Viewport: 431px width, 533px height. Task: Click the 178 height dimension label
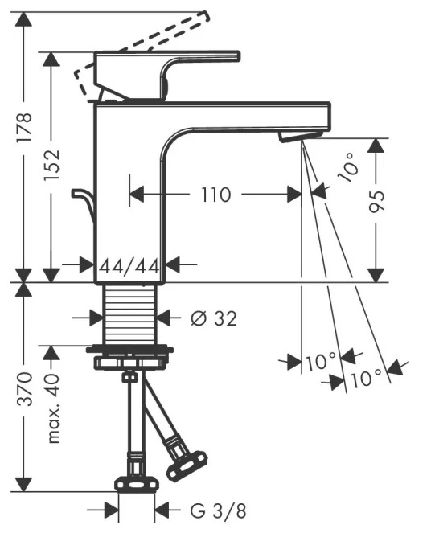click(x=24, y=128)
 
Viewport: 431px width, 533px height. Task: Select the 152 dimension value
click(x=51, y=165)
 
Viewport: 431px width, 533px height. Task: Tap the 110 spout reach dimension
click(x=216, y=195)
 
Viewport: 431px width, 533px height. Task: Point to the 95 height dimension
click(x=376, y=201)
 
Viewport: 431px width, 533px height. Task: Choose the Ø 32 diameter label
click(x=213, y=318)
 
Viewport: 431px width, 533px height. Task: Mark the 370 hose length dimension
click(x=25, y=389)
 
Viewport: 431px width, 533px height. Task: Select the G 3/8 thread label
click(x=218, y=510)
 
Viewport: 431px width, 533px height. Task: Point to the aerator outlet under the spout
click(x=299, y=136)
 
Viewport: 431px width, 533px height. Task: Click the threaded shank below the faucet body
click(x=129, y=314)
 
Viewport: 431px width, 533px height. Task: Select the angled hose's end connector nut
click(x=187, y=465)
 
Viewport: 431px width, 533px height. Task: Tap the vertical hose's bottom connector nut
click(x=137, y=485)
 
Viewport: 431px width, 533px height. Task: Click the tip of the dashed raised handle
click(x=205, y=15)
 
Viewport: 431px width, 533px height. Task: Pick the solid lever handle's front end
click(x=238, y=56)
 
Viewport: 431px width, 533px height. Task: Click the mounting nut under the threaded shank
click(x=129, y=357)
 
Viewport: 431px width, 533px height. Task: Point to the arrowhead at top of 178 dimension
click(x=24, y=19)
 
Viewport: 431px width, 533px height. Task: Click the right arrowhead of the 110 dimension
click(x=294, y=195)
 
